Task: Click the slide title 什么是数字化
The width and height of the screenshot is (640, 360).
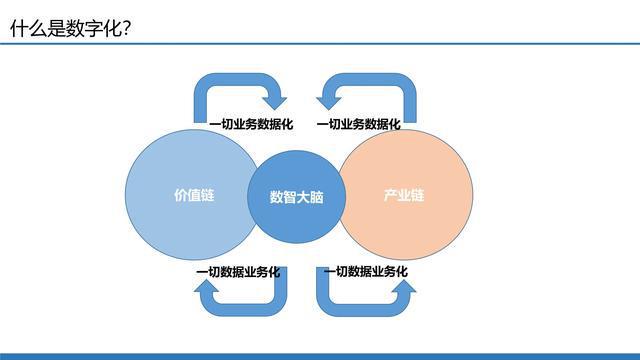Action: (x=66, y=29)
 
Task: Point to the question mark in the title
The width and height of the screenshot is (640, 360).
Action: (x=127, y=29)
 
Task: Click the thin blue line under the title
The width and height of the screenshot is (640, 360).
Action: (x=320, y=44)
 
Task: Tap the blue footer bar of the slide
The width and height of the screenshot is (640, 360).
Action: (x=320, y=355)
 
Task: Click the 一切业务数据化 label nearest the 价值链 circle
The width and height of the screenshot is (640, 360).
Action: (x=251, y=125)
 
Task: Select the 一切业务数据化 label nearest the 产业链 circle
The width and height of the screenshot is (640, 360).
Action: (x=358, y=125)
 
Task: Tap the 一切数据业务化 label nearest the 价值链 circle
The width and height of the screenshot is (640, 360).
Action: (x=238, y=272)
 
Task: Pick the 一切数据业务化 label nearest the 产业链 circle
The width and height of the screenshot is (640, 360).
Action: (x=365, y=272)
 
